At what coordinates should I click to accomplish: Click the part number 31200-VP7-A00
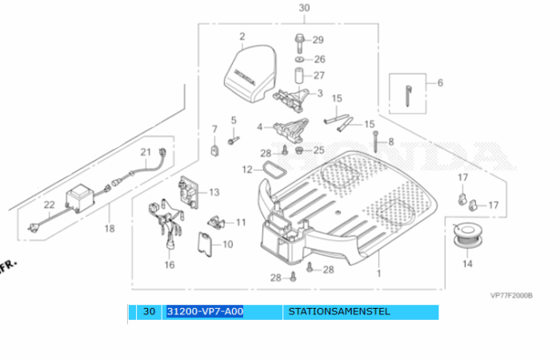205,311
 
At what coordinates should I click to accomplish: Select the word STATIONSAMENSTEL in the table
339,311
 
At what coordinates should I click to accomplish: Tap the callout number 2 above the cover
242,36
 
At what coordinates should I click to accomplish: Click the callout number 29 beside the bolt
318,40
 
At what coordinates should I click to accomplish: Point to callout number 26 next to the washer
319,59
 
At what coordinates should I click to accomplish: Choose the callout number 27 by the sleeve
319,76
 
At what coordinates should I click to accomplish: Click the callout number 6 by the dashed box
439,82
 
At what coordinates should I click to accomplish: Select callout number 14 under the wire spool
467,263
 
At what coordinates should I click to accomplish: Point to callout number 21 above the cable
146,152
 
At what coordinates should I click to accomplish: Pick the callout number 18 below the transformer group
110,229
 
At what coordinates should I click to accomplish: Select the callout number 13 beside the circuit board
214,193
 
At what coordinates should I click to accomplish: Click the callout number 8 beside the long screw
390,142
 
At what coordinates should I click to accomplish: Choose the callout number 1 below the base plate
379,274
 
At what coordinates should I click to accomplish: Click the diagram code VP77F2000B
511,294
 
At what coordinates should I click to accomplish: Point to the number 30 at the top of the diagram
303,8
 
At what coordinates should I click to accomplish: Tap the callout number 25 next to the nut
318,150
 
